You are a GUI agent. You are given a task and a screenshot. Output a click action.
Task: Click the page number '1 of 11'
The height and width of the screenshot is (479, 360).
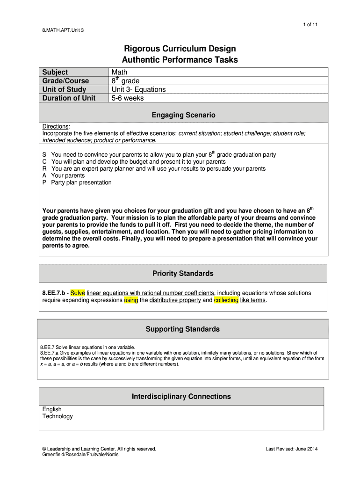pos(310,24)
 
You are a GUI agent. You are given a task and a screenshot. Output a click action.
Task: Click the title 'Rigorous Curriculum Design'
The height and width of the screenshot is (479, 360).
pos(180,49)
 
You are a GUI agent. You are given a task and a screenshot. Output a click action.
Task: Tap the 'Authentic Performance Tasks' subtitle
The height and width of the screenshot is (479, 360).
pos(180,60)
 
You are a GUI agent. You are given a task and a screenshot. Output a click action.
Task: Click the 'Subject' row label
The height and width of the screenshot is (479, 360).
pos(55,72)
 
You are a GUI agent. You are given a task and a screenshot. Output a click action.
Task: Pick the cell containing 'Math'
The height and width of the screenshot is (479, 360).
pos(119,72)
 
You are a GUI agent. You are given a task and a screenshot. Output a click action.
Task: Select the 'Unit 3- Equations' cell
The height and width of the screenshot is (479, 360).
pos(138,89)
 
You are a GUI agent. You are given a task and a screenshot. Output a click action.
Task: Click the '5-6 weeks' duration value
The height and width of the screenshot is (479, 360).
pos(128,98)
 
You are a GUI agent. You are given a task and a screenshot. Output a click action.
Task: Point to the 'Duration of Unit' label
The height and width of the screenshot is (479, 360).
pos(69,98)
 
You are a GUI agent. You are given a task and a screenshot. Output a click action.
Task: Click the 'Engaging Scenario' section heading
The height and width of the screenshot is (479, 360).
pos(183,115)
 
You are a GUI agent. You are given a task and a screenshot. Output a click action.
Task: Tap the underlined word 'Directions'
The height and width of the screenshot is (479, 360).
pos(56,127)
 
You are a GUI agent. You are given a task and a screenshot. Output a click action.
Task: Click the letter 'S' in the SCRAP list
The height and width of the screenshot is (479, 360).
pos(44,154)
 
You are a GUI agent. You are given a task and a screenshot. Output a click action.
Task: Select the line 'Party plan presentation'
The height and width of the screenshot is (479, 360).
pos(81,182)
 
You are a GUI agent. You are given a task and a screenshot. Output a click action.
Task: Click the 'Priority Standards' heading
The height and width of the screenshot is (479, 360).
pos(183,273)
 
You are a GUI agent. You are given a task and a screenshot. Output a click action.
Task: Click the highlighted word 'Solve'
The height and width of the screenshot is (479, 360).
pos(78,293)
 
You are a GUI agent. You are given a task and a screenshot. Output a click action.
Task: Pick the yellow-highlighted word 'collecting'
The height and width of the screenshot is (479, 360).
pos(226,300)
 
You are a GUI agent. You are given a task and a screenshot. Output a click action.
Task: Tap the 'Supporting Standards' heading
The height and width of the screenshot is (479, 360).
pos(182,329)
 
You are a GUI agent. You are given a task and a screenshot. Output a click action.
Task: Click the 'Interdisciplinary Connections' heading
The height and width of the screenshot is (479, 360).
pos(181,397)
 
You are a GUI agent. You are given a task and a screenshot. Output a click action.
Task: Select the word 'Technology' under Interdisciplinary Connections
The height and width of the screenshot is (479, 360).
pos(58,416)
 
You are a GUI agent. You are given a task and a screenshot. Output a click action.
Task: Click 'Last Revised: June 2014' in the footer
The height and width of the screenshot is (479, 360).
pos(292,449)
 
